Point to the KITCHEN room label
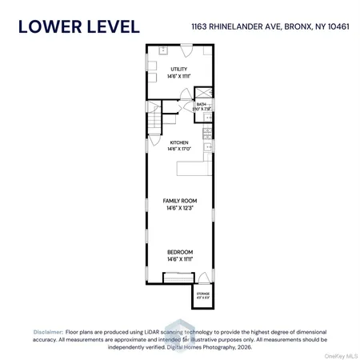[x=178, y=143]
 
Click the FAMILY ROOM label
[x=179, y=200]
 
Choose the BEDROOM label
[x=179, y=252]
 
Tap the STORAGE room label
[x=203, y=294]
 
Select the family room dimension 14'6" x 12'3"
[x=179, y=207]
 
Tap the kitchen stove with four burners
[x=207, y=147]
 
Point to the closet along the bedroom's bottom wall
[x=177, y=278]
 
